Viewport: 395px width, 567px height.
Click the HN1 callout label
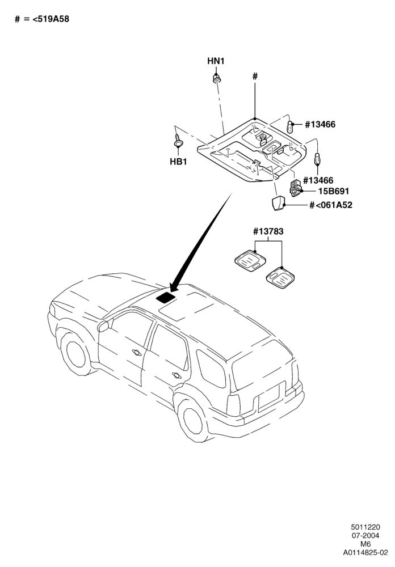[x=216, y=61]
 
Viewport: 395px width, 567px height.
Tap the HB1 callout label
[x=179, y=162]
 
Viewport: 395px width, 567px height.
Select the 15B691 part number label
[x=334, y=191]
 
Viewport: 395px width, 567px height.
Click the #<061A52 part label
[x=331, y=205]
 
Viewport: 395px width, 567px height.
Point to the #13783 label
[x=268, y=231]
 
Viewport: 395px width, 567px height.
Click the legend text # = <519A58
[x=41, y=19]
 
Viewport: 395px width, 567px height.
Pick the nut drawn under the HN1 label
[x=216, y=78]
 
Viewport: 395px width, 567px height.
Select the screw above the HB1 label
[x=178, y=141]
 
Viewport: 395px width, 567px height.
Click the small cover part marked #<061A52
[x=278, y=203]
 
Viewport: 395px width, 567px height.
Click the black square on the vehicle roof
[x=166, y=297]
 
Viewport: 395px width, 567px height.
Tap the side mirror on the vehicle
[x=103, y=325]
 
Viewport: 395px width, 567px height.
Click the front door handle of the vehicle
[x=137, y=352]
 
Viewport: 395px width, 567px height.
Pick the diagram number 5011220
[x=365, y=527]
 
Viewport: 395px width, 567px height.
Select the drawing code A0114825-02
[x=365, y=552]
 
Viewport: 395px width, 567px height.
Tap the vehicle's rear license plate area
[x=268, y=396]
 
